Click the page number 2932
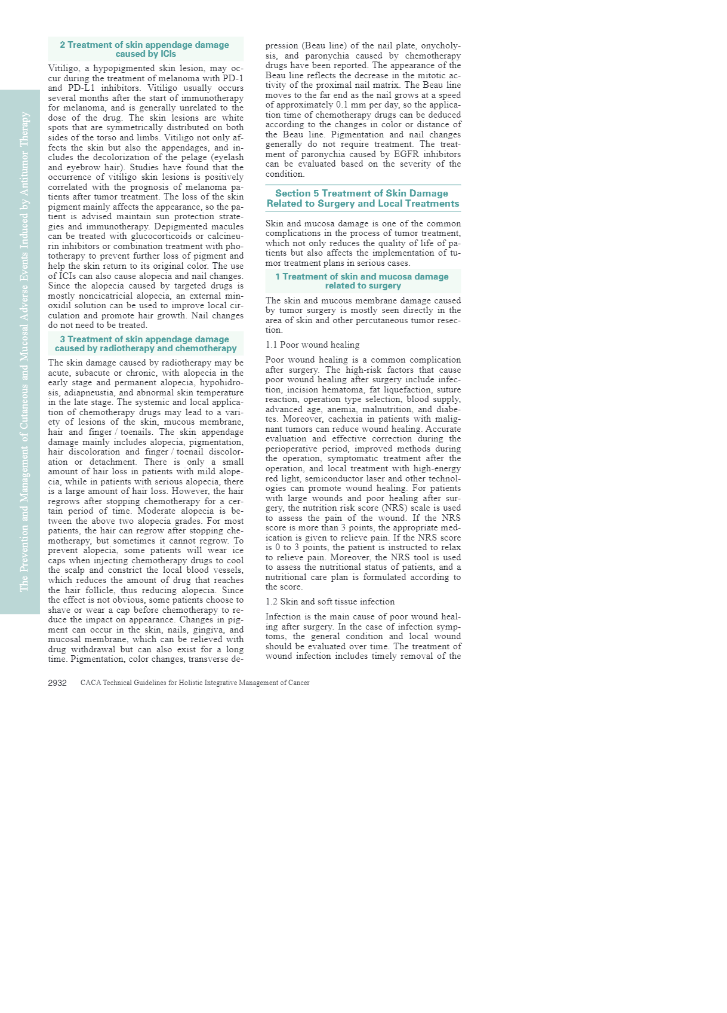57,683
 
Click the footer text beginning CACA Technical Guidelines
195,683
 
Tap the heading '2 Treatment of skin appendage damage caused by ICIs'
145,49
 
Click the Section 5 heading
363,198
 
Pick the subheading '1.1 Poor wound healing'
312,345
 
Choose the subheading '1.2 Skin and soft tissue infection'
329,601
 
